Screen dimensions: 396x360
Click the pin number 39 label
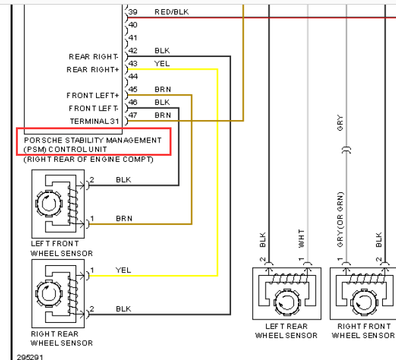(132, 12)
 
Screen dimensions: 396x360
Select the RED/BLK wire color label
(172, 12)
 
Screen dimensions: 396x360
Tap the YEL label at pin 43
(162, 64)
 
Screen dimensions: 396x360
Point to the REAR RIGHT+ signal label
(93, 70)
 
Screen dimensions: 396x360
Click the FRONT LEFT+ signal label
(93, 95)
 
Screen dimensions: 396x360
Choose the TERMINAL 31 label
(95, 121)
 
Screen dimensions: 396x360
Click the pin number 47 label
(132, 115)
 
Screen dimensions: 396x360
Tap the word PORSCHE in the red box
(43, 141)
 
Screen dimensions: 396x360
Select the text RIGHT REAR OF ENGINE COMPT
(88, 160)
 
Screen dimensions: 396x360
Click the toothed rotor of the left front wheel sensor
(49, 204)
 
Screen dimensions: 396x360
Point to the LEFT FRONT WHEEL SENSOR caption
(62, 249)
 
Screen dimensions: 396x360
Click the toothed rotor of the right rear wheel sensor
(49, 294)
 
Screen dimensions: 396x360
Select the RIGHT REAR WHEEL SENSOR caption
(62, 339)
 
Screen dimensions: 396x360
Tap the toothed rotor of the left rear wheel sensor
(287, 302)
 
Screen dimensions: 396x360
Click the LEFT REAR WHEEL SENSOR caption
(286, 331)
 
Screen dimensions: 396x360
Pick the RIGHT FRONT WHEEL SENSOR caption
(364, 331)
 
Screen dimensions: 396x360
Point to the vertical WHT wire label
(301, 239)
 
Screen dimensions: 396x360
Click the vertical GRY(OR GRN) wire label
(340, 219)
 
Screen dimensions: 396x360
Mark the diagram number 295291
(30, 357)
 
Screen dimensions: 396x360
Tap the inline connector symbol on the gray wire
(346, 150)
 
